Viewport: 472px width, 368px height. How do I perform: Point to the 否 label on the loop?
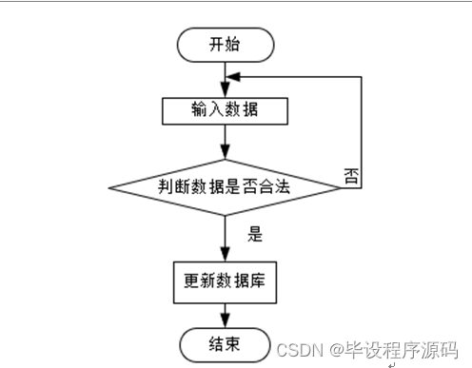350,175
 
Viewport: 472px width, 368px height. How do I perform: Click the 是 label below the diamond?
254,232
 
